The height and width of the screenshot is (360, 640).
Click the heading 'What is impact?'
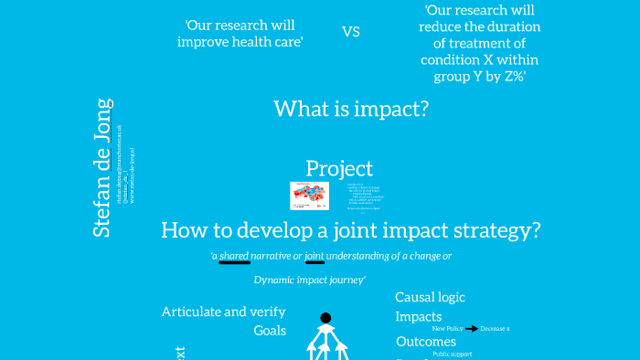pyautogui.click(x=351, y=109)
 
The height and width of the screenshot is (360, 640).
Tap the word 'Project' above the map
pyautogui.click(x=339, y=168)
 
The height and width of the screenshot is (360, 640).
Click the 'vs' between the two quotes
pyautogui.click(x=351, y=31)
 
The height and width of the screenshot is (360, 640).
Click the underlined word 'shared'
pyautogui.click(x=234, y=256)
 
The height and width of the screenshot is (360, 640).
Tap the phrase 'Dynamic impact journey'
pyautogui.click(x=309, y=280)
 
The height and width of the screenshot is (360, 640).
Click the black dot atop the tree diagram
pyautogui.click(x=325, y=318)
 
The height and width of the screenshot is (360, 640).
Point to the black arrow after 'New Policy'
pyautogui.click(x=472, y=328)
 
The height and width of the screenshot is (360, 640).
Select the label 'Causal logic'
pyautogui.click(x=430, y=297)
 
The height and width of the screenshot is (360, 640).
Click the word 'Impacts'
pyautogui.click(x=418, y=316)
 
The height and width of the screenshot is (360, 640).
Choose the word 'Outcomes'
pyautogui.click(x=425, y=342)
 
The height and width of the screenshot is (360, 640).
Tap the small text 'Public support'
pyautogui.click(x=453, y=354)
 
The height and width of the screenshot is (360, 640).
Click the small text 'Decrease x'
pyautogui.click(x=495, y=328)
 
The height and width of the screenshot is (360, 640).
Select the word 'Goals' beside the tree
pyautogui.click(x=270, y=331)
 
